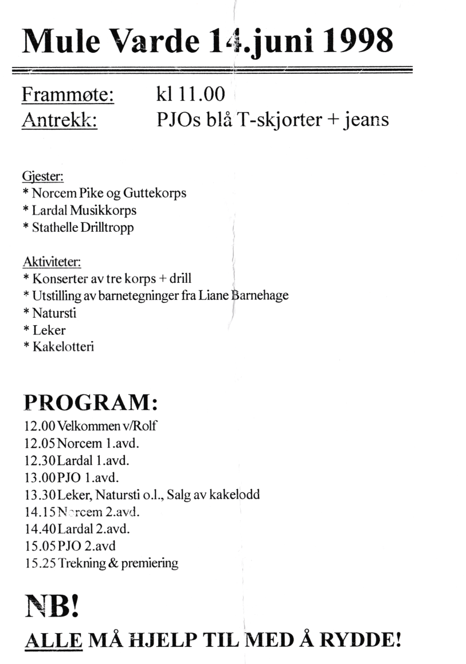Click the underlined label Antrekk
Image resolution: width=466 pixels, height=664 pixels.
coord(59,120)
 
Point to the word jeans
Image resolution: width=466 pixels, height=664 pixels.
coord(367,120)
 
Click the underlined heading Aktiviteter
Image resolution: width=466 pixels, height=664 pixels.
coord(52,262)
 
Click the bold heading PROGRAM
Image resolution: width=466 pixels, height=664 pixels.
coord(91,403)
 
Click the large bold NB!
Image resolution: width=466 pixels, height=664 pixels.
coord(52,604)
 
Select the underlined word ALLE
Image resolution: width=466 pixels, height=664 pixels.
coord(54,640)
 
